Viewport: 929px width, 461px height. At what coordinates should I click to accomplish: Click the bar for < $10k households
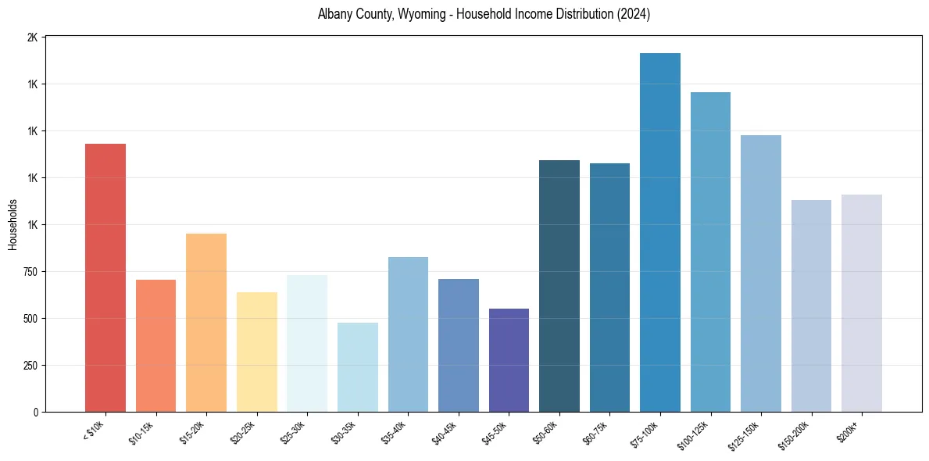[x=105, y=277]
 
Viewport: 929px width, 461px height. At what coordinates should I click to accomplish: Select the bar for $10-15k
[x=155, y=345]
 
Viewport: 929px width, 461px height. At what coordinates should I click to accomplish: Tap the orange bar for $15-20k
[x=206, y=322]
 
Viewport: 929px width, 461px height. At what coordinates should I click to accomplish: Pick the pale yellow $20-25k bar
[x=256, y=352]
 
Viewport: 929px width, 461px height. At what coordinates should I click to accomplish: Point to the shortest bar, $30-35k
[x=357, y=367]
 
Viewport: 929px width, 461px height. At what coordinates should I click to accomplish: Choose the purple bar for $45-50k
[x=509, y=360]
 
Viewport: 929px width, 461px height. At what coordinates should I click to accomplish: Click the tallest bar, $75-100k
[x=659, y=232]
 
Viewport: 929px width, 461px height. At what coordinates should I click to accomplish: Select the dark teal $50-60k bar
[x=559, y=286]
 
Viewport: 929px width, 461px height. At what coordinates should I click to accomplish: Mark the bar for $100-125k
[x=710, y=252]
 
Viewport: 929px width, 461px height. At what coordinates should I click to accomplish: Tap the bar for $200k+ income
[x=861, y=303]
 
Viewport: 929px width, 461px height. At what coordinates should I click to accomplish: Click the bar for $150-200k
[x=811, y=306]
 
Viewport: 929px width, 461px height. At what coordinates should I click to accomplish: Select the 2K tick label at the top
[x=32, y=38]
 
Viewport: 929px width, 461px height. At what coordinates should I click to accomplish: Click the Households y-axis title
[x=13, y=224]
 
